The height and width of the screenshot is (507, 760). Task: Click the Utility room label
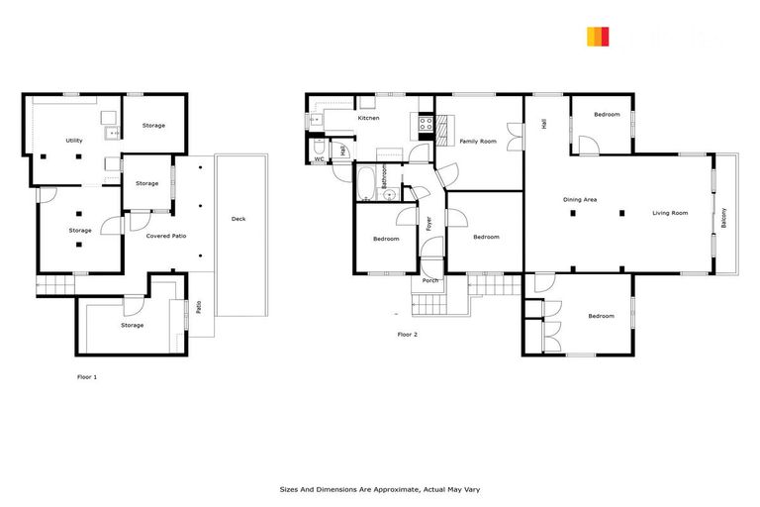[x=74, y=141]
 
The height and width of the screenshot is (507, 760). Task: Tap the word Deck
[x=238, y=219]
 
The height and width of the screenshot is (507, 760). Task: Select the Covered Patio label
[x=166, y=236]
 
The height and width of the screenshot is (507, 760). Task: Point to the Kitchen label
[x=368, y=118]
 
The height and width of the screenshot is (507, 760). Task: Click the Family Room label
[x=478, y=142]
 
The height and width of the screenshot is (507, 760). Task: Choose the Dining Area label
[x=580, y=200]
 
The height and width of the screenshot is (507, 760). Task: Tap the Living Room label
[x=670, y=213]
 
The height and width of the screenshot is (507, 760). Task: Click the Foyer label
[x=429, y=223]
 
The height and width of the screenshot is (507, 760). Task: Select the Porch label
[x=430, y=280]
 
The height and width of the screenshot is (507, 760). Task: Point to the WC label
[x=320, y=158]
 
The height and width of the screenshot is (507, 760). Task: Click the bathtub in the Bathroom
[x=365, y=181]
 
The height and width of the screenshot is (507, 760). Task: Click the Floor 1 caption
[x=87, y=377]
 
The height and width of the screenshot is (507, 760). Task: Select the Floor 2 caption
[x=408, y=335]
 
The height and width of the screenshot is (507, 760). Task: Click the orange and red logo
[x=598, y=37]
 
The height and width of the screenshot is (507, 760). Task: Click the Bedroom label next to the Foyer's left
[x=386, y=239]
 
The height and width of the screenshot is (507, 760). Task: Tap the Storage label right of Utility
[x=153, y=126]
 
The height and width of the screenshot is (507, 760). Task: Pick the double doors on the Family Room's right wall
[x=515, y=137]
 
